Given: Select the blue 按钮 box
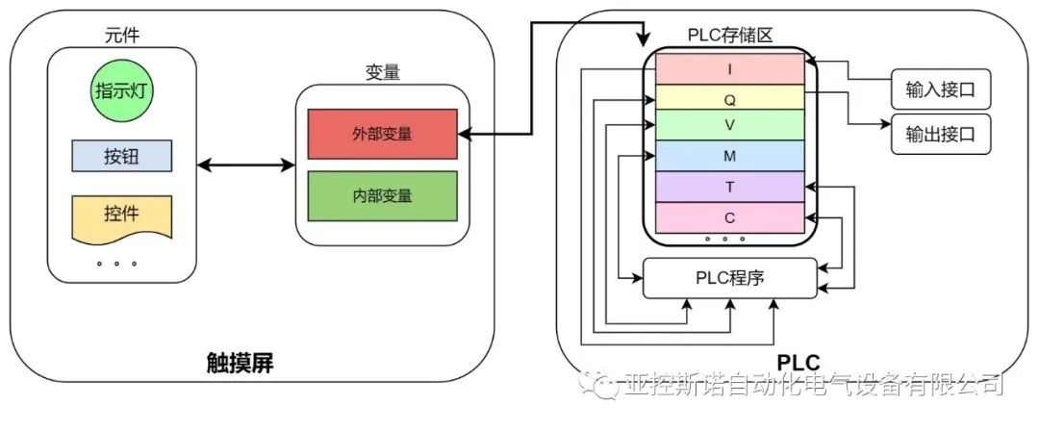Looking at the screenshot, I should [x=122, y=156].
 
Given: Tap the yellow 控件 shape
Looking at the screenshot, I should [x=122, y=215].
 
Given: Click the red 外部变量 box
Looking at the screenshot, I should [x=382, y=134].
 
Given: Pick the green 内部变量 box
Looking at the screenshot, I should [x=382, y=195].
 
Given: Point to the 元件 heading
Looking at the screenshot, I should [x=122, y=36].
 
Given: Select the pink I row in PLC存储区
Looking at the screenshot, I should [x=729, y=69].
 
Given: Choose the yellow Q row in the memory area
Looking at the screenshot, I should [x=729, y=98].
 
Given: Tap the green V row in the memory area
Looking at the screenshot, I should [x=729, y=125].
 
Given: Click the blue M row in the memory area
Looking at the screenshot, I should [x=729, y=156].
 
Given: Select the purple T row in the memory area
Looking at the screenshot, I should [x=729, y=187].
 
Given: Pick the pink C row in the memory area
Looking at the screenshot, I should [x=729, y=217].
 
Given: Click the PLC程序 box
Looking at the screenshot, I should [x=729, y=278].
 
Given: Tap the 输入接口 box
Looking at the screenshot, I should [x=940, y=90].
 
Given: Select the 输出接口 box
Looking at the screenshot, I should [x=940, y=134].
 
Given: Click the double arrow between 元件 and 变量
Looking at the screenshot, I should [x=245, y=165].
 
